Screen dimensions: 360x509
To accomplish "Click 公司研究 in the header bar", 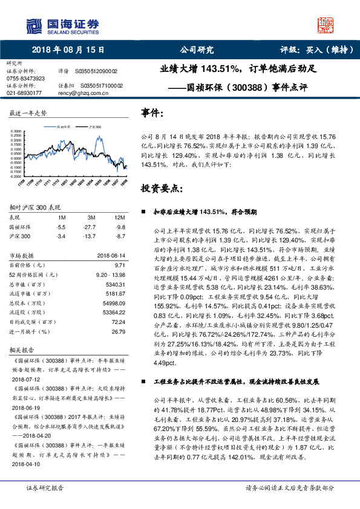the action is (x=193, y=51).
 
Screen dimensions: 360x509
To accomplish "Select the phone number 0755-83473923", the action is (x=25, y=78).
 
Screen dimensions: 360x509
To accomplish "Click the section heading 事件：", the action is (x=152, y=112).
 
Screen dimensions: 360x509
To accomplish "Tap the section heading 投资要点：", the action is (x=162, y=188).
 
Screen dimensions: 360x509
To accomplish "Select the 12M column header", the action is (x=119, y=216).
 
